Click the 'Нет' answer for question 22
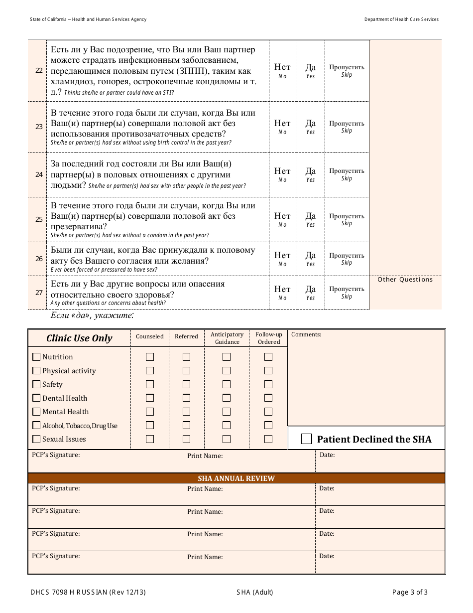coord(282,70)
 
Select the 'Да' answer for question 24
coord(311,174)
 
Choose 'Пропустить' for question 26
coord(347,259)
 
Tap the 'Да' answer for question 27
coord(311,292)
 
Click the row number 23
coord(39,127)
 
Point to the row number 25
coord(39,219)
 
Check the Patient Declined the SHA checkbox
coord(307,439)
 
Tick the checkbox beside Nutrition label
coord(36,357)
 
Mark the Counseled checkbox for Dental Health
coord(150,398)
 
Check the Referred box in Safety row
coord(186,384)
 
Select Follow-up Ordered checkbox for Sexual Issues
coord(268,439)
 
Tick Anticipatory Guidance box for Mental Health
coord(227,412)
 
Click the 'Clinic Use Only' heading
coord(79,338)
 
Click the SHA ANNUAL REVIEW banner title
coord(236,478)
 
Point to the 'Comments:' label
coord(306,334)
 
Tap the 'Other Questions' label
coord(405,280)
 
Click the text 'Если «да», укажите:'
coord(92,315)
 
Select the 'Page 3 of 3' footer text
coord(410,593)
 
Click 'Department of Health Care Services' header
coord(401,19)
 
